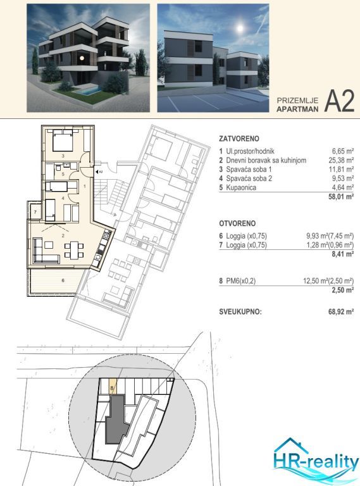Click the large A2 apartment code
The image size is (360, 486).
[x=339, y=102]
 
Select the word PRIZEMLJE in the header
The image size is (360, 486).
[x=297, y=101]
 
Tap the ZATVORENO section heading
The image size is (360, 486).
[x=239, y=139]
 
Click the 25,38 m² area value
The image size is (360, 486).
[x=341, y=160]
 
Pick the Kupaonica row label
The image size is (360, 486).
[x=241, y=187]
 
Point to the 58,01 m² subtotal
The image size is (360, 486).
[x=341, y=196]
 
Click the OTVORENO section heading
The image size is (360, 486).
[x=237, y=223]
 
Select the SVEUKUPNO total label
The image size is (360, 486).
[x=240, y=311]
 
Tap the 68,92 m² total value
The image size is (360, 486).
[x=341, y=311]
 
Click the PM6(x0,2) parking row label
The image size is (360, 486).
[x=240, y=281]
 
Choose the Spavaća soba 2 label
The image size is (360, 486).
[x=249, y=178]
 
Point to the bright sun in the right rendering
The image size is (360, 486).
[x=240, y=28]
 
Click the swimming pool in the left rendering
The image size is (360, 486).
[x=90, y=91]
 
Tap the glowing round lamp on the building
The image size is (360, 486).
[x=82, y=58]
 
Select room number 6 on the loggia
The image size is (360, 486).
[x=63, y=280]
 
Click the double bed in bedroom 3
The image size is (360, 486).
[x=63, y=141]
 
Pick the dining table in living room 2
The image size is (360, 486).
[x=74, y=251]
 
